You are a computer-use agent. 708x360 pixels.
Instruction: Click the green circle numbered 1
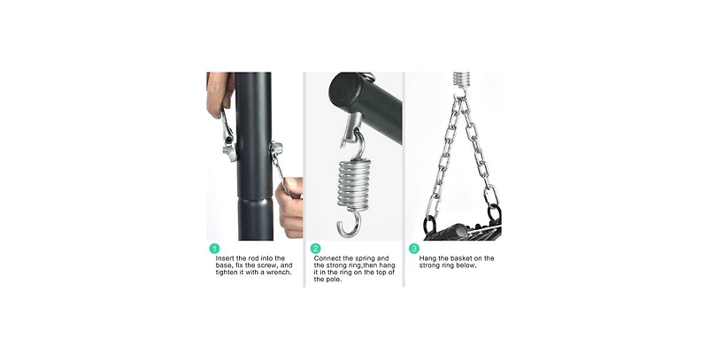tap(214, 249)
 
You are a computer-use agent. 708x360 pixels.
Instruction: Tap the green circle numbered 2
tap(316, 249)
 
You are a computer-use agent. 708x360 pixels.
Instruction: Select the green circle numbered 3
tap(414, 249)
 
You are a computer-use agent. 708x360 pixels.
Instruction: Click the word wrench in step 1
tap(279, 272)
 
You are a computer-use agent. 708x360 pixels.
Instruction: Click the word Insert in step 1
tap(225, 258)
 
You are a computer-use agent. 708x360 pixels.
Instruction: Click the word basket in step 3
tap(458, 258)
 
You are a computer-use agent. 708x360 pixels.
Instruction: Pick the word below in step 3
tap(466, 265)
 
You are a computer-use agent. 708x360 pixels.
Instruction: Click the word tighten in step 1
tap(227, 272)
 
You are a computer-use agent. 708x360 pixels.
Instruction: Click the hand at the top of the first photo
tap(219, 94)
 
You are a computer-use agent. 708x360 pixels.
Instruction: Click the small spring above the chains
tap(460, 80)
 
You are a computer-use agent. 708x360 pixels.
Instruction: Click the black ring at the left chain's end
tap(430, 224)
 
